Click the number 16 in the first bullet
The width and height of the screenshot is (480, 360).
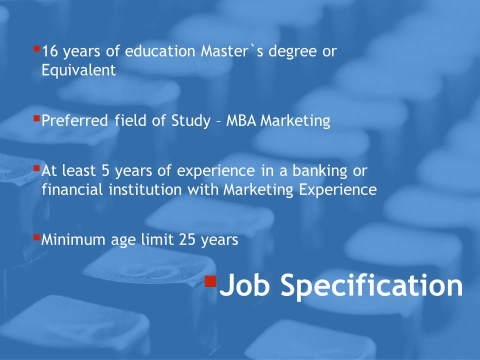pos(50,51)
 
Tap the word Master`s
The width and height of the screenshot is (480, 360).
pos(232,51)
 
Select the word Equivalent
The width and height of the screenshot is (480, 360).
pos(78,70)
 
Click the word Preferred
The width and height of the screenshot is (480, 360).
pos(74,120)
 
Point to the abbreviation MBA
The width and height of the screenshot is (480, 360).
pos(241,120)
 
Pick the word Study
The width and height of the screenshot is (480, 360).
pos(191,121)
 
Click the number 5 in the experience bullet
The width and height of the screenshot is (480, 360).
pos(105,170)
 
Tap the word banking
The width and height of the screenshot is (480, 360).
pos(320,171)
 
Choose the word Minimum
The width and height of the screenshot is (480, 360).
pos(73,239)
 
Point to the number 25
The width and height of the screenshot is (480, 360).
pos(187,239)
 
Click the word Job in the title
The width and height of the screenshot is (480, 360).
pos(244,284)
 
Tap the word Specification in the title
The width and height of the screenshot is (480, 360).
pos(372,286)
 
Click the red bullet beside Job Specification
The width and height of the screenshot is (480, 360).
pos(210,281)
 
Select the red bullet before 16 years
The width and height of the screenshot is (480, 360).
pos(36,49)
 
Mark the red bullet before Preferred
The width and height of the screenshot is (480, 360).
pos(36,118)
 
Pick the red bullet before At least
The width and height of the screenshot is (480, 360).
pos(36,168)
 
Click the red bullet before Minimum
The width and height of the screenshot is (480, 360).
pos(36,237)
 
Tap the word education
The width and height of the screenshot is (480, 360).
pos(160,51)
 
